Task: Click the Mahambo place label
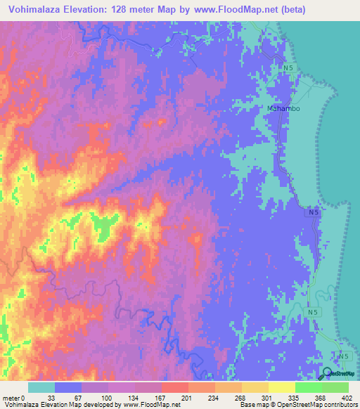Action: [x=284, y=109]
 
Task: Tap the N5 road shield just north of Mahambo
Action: [x=288, y=67]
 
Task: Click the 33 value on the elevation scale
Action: [x=51, y=397]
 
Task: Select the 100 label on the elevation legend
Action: [x=106, y=397]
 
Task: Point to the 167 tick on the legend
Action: [x=160, y=397]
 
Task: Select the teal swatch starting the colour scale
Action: [x=41, y=387]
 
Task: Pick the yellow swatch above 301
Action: [x=255, y=387]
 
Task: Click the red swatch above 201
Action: [x=174, y=387]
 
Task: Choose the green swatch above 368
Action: [x=309, y=387]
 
